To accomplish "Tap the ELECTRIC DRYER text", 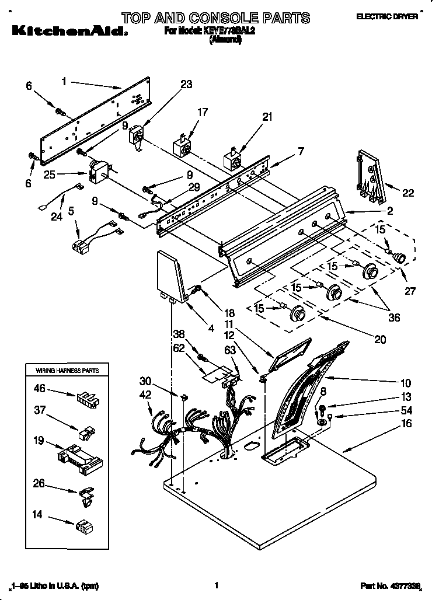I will (x=386, y=18).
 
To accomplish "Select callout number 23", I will (x=186, y=84).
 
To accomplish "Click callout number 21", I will (x=267, y=117).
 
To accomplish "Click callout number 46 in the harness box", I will (x=40, y=387).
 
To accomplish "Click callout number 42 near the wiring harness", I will (x=145, y=395).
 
